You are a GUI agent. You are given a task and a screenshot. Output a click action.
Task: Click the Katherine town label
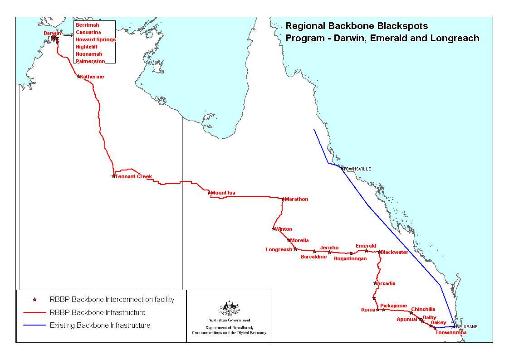tap(92, 77)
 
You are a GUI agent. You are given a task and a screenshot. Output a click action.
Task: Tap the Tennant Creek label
tap(133, 176)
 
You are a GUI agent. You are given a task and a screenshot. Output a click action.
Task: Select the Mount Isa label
tap(223, 193)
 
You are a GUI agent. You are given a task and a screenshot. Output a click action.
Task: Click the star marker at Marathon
tap(283, 199)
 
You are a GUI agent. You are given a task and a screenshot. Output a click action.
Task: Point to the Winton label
tap(284, 229)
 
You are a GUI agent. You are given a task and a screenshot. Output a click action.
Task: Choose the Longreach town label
tap(279, 250)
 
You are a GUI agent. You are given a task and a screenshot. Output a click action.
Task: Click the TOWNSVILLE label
tap(357, 169)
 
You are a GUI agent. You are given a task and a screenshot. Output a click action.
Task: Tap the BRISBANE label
tap(467, 326)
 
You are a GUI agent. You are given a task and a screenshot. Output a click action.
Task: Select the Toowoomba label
tap(450, 333)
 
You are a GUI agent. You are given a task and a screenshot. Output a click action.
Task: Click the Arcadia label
tap(386, 284)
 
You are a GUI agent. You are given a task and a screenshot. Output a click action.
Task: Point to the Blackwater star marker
tap(379, 252)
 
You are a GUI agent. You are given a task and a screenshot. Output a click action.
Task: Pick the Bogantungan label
tap(350, 259)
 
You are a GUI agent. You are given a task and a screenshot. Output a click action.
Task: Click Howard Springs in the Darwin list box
tap(96, 40)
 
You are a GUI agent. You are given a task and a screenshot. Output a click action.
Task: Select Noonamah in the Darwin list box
tap(89, 54)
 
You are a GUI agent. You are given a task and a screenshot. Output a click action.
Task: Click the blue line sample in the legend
tap(34, 325)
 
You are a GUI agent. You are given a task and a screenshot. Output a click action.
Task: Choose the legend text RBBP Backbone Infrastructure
tap(98, 313)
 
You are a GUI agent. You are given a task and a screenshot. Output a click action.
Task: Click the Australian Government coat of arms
tap(229, 309)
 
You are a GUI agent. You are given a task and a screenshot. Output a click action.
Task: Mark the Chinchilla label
tap(423, 310)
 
